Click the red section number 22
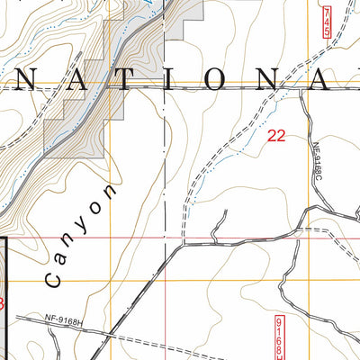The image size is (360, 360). tap(276, 136)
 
